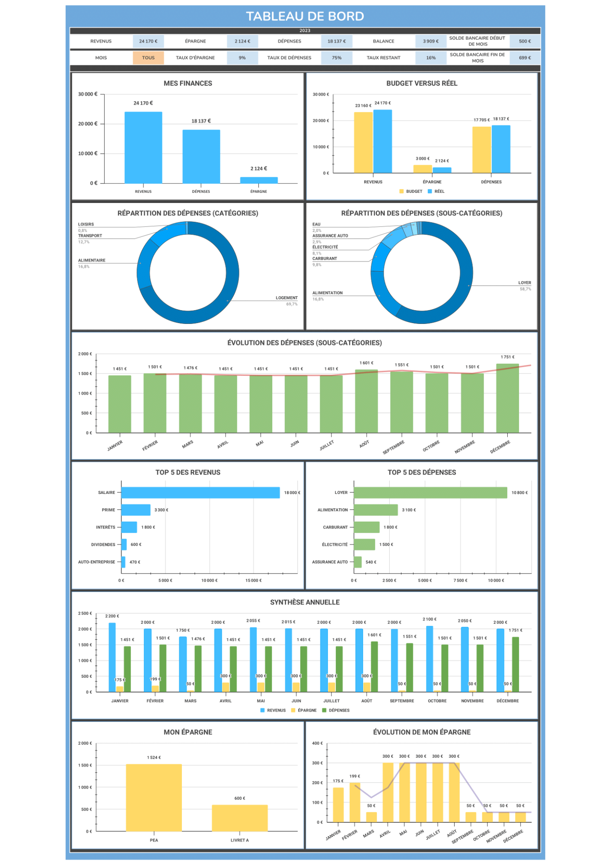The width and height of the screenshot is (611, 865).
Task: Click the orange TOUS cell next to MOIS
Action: pos(148,58)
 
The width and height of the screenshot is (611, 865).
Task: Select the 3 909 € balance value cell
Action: pos(431,42)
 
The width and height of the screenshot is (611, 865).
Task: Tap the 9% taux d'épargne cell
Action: pos(242,58)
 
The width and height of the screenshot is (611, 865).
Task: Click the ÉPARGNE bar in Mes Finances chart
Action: pos(259,180)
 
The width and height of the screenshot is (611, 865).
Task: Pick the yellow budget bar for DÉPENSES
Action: pos(481,150)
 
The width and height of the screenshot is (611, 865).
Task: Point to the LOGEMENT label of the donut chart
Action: pos(286,298)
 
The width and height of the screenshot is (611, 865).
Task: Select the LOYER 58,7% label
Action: pos(525,285)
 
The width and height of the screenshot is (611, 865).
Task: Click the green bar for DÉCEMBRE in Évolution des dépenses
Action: pos(507,398)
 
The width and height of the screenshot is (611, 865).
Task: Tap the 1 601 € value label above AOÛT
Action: pos(366,363)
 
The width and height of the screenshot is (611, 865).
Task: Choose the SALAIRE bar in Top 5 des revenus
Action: pos(200,493)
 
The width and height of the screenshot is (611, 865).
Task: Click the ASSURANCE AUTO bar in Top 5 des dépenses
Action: pos(358,562)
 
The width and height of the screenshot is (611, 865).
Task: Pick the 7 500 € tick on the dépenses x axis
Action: pos(460,580)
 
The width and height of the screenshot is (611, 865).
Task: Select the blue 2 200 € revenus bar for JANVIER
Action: pos(112,657)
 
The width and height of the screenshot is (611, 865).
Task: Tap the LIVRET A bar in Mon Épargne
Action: pos(240,818)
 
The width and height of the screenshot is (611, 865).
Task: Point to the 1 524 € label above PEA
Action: pos(154,757)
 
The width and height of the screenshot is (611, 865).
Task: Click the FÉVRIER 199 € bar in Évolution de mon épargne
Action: pos(355,802)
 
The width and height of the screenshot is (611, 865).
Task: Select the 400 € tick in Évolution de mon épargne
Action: pos(317,743)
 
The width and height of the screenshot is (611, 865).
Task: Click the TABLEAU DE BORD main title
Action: pos(305,16)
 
